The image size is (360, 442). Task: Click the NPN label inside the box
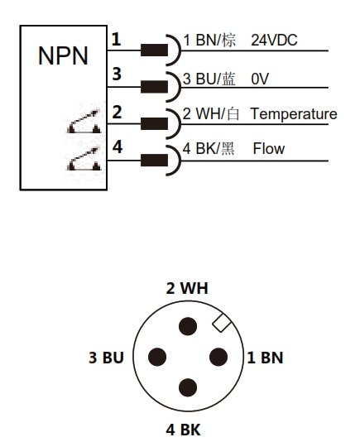[63, 55]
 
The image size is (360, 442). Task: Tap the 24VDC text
[274, 40]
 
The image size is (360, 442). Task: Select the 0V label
[260, 79]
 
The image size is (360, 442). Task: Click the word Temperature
[294, 114]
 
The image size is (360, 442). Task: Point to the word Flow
[269, 148]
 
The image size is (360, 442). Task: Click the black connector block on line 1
[154, 50]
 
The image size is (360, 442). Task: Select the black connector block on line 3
[154, 87]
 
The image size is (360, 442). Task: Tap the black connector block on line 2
[154, 124]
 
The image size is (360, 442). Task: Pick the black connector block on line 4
[154, 160]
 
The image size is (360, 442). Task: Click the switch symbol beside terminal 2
[84, 122]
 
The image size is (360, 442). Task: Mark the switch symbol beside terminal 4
[84, 159]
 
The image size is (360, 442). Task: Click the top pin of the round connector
[188, 326]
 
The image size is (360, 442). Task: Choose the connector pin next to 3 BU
[157, 357]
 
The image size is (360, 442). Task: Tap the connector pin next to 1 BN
[218, 357]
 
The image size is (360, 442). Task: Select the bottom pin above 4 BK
[188, 387]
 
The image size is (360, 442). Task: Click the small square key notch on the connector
[222, 323]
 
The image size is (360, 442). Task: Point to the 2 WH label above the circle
[187, 288]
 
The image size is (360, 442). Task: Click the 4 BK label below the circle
[183, 430]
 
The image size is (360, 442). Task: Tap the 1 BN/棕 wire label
[209, 40]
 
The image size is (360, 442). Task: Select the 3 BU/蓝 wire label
[209, 79]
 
